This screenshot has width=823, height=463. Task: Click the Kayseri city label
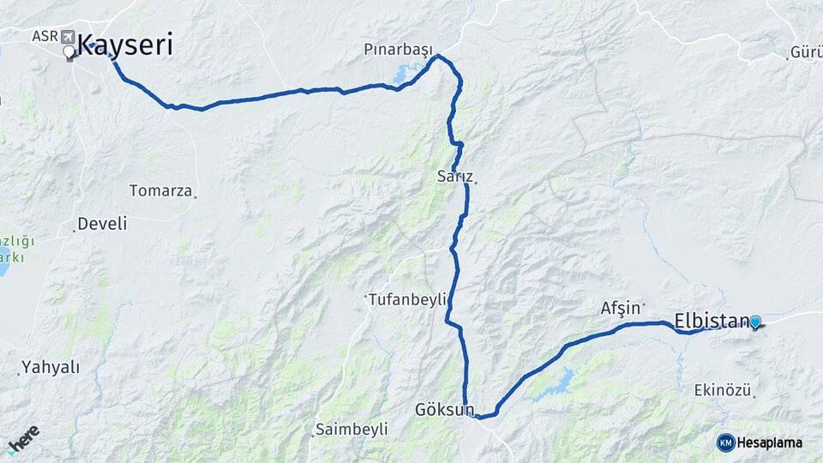(125, 45)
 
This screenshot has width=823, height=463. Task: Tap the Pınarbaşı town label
(398, 50)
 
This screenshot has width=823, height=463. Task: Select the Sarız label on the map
(454, 177)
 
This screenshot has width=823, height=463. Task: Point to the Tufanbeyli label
(407, 299)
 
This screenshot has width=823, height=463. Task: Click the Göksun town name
(443, 409)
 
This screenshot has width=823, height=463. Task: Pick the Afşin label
(621, 308)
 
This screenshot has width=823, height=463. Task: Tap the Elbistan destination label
(712, 321)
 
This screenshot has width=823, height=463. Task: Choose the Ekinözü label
(723, 390)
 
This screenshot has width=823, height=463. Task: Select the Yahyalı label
(51, 367)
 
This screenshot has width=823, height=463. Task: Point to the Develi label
(101, 224)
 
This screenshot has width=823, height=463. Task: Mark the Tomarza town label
(160, 190)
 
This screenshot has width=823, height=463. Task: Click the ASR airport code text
(45, 36)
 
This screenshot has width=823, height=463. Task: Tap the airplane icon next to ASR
(67, 36)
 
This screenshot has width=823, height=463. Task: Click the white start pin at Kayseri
(69, 52)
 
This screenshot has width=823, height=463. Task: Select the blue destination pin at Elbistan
(754, 322)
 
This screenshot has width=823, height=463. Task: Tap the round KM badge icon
(725, 442)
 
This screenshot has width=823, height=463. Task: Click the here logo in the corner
(23, 439)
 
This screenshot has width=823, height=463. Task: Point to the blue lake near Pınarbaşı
(402, 75)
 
